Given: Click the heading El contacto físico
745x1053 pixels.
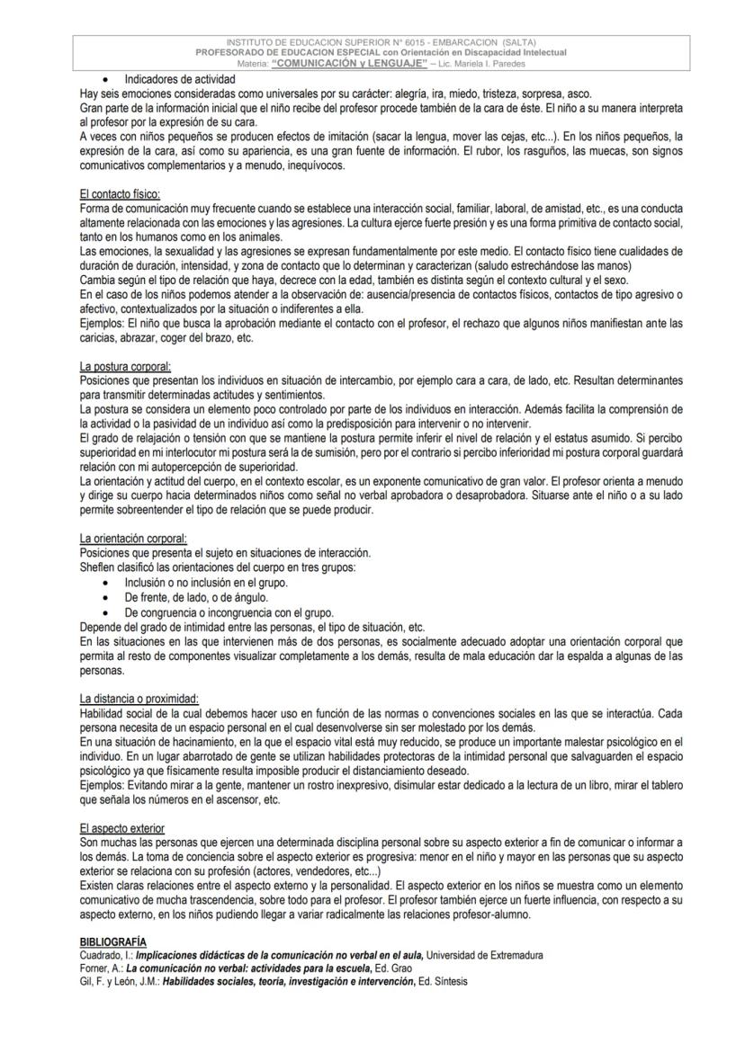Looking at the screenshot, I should pos(120,195).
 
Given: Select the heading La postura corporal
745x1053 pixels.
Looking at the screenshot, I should pos(125,367).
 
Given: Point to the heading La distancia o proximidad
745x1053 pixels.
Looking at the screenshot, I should pos(139,699).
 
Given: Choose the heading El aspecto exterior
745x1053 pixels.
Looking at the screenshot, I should pos(122,827).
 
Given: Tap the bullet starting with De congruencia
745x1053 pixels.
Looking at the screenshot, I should pos(229,612).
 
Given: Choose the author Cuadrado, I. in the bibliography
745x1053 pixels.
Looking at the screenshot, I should pos(105,955).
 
